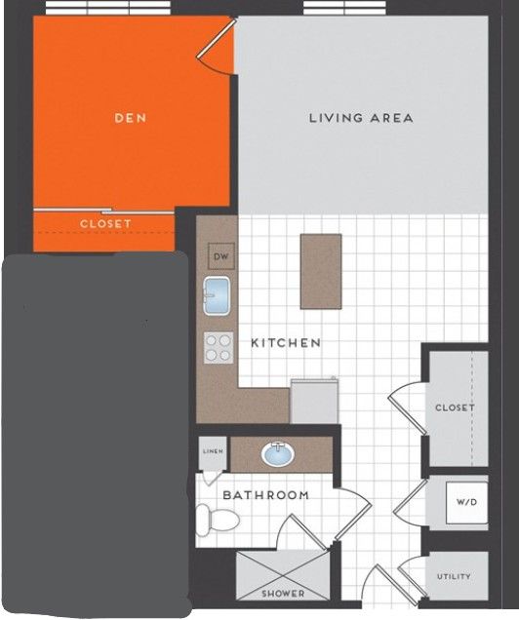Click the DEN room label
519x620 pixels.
pos(130,118)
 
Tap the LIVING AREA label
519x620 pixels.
pos(361,118)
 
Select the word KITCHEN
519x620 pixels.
pos(286,343)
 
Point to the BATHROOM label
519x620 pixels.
pos(265,495)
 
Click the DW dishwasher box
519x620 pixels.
pos(221,256)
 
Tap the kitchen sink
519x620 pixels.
pos(217,295)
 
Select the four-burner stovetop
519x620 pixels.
pos(219,348)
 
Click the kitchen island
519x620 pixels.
pos(321,271)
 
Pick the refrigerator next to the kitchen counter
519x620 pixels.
pos(314,401)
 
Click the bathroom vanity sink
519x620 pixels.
pos(278,454)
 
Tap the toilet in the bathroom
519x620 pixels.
pos(218,520)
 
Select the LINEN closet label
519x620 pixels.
pos(213,451)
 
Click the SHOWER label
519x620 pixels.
pos(283,593)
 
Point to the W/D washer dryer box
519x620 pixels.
pos(466,502)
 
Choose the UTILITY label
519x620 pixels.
pos(454,576)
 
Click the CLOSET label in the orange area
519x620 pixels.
pos(105,224)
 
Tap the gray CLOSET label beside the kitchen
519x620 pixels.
pos(455,407)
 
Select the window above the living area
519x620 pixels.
pos(344,8)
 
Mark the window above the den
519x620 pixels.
pos(108,8)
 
